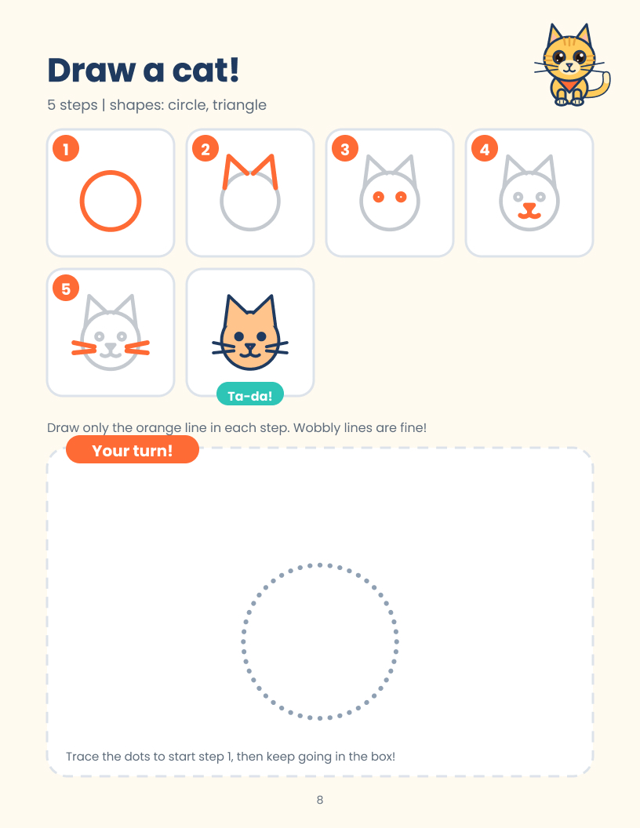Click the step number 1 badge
(x=66, y=148)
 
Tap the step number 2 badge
(x=205, y=148)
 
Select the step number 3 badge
(x=345, y=148)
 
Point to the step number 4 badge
(x=484, y=148)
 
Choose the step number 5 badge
(x=66, y=288)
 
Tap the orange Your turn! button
(x=132, y=450)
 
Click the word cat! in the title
(x=206, y=71)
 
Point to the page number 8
(x=320, y=800)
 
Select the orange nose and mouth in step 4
(x=529, y=211)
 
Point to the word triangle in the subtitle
(x=239, y=105)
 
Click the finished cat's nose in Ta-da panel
(x=249, y=347)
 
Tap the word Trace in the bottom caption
(x=82, y=756)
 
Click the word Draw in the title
(x=92, y=71)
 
